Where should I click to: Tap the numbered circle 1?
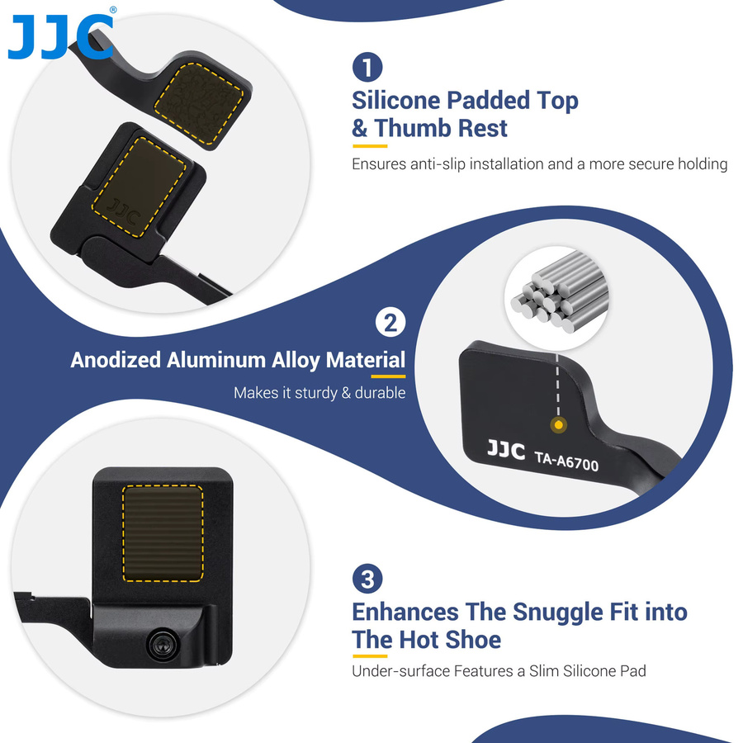tap(367, 67)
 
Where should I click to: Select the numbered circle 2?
tap(390, 323)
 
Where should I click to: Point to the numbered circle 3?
tap(367, 579)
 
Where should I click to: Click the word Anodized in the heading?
tap(116, 360)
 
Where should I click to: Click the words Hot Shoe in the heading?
tap(450, 640)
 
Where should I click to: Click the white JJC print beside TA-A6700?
tap(506, 450)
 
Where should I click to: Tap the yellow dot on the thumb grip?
tap(559, 424)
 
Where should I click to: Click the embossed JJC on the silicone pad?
tap(124, 212)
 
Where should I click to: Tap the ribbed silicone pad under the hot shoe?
tap(163, 533)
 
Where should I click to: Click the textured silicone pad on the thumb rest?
tap(199, 104)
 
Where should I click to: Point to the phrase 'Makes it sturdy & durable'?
tap(319, 393)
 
